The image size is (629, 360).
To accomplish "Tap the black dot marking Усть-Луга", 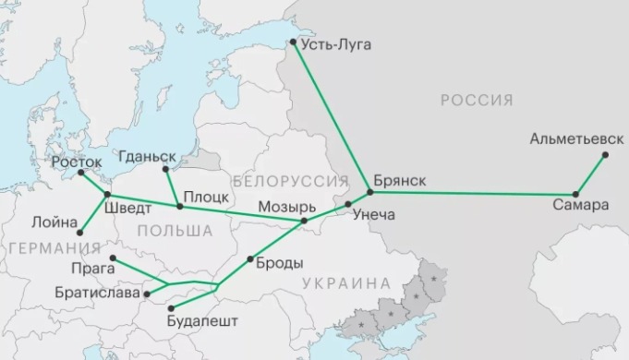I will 293,42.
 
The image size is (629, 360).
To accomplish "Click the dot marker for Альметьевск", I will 605,156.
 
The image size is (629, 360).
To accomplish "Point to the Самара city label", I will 582,205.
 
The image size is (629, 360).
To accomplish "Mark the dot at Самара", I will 575,194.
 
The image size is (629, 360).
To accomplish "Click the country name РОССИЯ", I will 477,100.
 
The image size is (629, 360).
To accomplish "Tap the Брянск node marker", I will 369,192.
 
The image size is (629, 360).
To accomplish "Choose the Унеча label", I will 373,215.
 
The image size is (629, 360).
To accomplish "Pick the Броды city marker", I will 249,261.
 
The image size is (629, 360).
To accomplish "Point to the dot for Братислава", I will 147,294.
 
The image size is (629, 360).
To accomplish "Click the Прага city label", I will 92,268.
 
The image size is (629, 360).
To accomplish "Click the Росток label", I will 77,162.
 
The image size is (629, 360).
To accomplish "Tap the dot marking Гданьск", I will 165,169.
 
